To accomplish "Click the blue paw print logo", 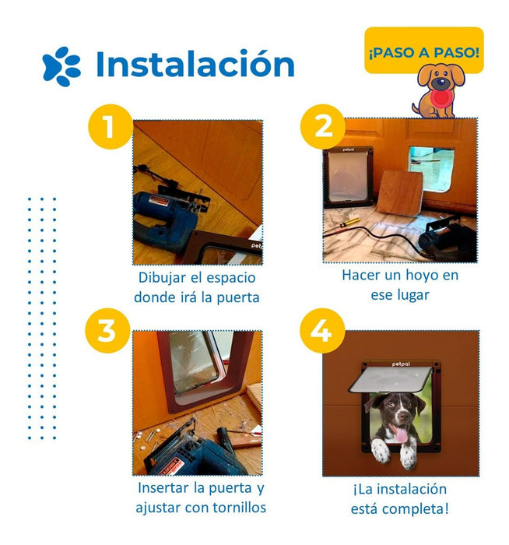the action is point(61,66).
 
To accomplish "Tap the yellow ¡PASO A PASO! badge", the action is point(424,50).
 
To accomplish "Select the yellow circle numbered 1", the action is point(111,126).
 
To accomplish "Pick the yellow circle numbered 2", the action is point(323,126).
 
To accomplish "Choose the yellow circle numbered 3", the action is point(107,331).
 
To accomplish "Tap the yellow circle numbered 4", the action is point(322,331).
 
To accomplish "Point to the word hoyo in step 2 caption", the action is point(422,276).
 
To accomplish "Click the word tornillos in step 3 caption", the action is point(240,508).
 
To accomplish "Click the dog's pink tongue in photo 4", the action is point(402,434).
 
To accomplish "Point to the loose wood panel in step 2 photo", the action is point(400,193).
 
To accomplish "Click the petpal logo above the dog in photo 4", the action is point(401,364).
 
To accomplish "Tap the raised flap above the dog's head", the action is point(391,379).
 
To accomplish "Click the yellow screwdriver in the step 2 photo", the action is point(349,223).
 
